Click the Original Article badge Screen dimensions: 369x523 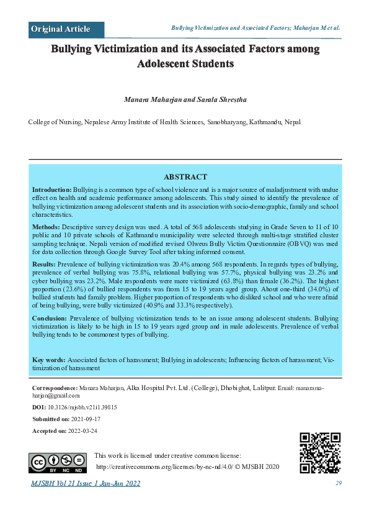click(61, 29)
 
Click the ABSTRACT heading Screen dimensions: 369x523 click(185, 177)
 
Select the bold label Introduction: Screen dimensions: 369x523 click(52, 188)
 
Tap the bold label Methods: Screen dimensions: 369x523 click(46, 227)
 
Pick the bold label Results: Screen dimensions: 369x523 click(45, 264)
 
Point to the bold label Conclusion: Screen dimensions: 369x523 click(50, 318)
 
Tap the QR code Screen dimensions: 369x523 click(320, 453)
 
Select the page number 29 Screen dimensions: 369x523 click(339, 483)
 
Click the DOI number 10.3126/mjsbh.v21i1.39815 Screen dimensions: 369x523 click(82, 407)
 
